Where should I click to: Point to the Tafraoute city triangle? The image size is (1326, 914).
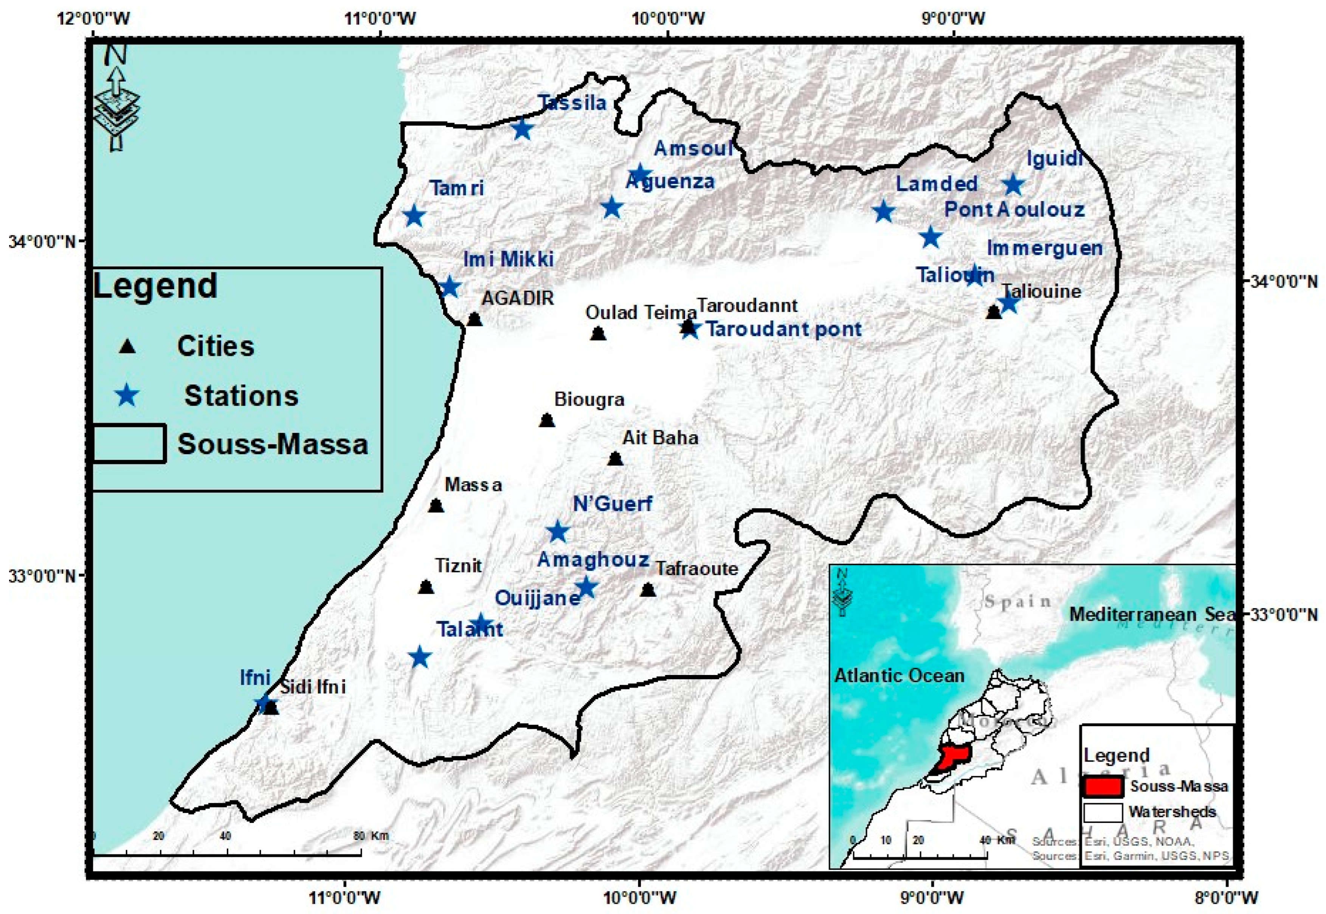click(x=648, y=590)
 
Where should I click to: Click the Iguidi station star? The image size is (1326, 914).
click(x=1013, y=185)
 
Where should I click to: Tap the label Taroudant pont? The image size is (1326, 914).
click(x=783, y=329)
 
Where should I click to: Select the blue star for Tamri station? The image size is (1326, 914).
click(x=414, y=216)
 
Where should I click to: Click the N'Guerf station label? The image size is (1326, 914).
click(x=613, y=504)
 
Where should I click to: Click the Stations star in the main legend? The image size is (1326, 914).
click(x=127, y=396)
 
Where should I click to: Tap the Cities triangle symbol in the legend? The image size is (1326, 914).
click(x=127, y=346)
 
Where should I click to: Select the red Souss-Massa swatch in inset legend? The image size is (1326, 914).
click(x=1102, y=786)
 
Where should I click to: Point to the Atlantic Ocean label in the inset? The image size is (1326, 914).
click(x=899, y=676)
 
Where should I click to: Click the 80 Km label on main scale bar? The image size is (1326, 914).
click(x=371, y=836)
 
